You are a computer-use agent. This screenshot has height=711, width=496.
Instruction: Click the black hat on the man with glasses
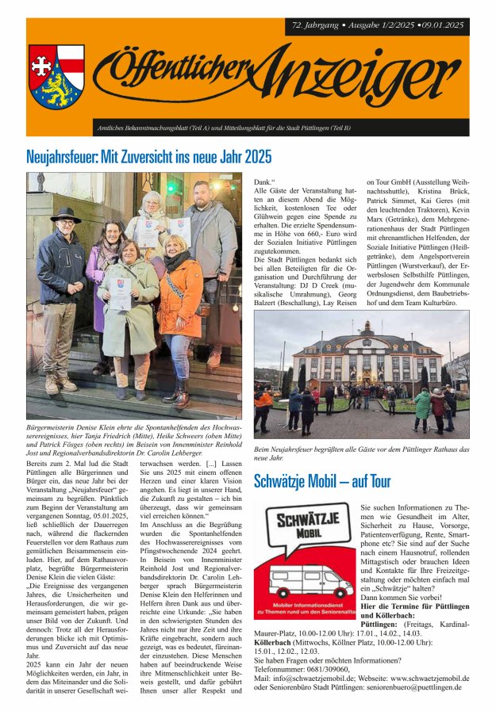tap(65, 216)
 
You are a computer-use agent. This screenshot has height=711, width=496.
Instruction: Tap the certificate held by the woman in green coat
tap(120, 294)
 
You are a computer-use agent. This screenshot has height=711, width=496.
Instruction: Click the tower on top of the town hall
tap(366, 327)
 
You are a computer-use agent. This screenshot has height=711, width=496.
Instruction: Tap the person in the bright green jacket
tap(423, 403)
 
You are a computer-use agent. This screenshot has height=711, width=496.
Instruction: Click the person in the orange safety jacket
tap(263, 399)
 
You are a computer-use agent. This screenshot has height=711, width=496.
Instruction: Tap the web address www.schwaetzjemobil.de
tap(420, 679)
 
